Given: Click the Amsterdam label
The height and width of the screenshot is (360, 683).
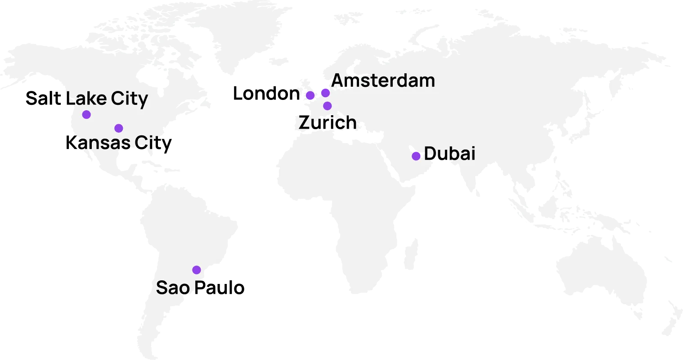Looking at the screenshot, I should point(383,81).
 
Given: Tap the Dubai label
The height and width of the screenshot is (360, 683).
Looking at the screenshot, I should point(449,153).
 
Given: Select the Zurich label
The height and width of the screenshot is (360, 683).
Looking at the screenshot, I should point(328,123).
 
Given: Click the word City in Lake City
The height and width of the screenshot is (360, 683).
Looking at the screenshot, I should point(130,99).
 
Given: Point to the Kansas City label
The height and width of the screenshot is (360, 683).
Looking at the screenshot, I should point(115,143).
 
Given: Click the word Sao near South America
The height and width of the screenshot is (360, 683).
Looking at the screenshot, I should point(173,288).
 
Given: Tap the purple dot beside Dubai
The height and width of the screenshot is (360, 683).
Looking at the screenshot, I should point(416,156).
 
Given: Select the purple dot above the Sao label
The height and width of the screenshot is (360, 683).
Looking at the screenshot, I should point(197,270).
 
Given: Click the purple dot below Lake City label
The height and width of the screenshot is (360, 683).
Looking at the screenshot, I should point(86,115).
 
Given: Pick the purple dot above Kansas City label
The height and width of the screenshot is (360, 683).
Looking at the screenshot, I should point(119,128).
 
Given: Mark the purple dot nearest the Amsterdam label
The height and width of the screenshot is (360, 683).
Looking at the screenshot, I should point(325,93).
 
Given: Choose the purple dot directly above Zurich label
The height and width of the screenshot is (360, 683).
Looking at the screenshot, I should point(328,106).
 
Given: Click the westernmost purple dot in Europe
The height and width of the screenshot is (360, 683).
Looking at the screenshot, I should point(310,95).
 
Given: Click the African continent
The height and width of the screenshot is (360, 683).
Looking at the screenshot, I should point(351,202).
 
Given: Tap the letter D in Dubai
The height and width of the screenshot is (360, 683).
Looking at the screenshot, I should point(430,153).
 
